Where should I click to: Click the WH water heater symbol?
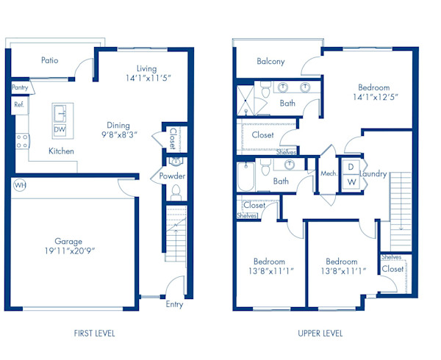(18, 186)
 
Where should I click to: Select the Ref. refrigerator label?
(18, 105)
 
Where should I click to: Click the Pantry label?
(20, 87)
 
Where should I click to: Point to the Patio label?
(50, 60)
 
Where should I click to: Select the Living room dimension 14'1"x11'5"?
(148, 78)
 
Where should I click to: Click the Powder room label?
(173, 176)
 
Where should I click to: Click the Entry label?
(175, 304)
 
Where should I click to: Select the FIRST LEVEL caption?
(94, 333)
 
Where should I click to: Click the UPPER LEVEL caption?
(320, 333)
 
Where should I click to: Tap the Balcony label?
(270, 62)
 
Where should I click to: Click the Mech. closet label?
(329, 173)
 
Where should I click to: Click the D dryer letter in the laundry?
(351, 166)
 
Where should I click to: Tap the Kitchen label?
(61, 151)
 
